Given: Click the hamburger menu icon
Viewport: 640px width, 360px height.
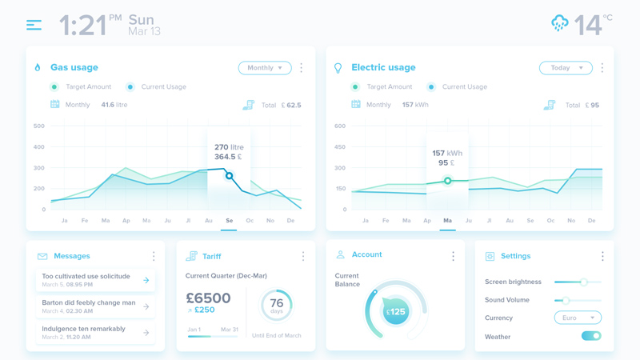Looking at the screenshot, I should pyautogui.click(x=34, y=26).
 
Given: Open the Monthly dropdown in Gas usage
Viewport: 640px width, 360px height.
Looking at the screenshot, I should pyautogui.click(x=264, y=68).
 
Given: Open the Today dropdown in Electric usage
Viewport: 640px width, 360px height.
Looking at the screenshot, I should pyautogui.click(x=565, y=68).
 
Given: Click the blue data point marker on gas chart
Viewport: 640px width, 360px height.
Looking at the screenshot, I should pyautogui.click(x=229, y=176).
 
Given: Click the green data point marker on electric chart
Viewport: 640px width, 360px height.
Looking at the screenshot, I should pyautogui.click(x=448, y=181).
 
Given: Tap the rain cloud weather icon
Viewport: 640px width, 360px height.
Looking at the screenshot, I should pyautogui.click(x=560, y=24).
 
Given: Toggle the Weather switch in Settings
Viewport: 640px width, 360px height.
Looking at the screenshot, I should pyautogui.click(x=591, y=337).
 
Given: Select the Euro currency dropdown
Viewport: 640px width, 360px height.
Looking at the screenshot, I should pyautogui.click(x=578, y=318).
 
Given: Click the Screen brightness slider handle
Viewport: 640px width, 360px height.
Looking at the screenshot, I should pyautogui.click(x=584, y=282).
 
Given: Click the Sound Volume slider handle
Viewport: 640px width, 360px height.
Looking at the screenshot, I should pyautogui.click(x=565, y=300).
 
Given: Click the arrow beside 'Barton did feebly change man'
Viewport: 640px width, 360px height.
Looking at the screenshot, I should pyautogui.click(x=146, y=306).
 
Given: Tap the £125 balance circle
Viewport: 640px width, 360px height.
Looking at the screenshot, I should pyautogui.click(x=395, y=312).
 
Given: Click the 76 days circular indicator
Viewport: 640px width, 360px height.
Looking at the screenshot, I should pyautogui.click(x=277, y=305).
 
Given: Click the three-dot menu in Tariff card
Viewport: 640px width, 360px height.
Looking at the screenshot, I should pyautogui.click(x=303, y=257).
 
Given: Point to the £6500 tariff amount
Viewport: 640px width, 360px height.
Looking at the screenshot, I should pyautogui.click(x=208, y=298).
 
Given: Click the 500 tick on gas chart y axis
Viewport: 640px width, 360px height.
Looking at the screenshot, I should pyautogui.click(x=39, y=126).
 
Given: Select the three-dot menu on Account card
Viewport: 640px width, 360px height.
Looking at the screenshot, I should pyautogui.click(x=453, y=257).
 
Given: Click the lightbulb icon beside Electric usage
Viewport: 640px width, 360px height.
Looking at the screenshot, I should pyautogui.click(x=338, y=69).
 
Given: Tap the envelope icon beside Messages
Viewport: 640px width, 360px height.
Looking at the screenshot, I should pyautogui.click(x=42, y=257).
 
